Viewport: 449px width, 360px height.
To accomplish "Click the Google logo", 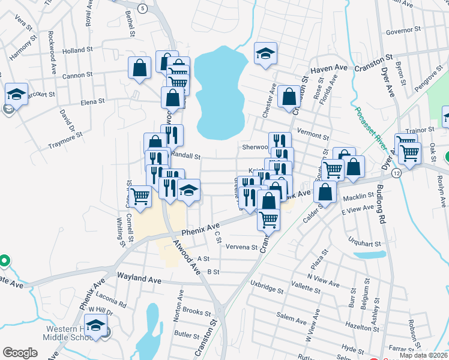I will pyautogui.click(x=20, y=353).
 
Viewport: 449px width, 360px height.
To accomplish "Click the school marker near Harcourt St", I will pyautogui.click(x=16, y=94).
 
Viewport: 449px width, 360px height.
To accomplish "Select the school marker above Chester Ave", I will pyautogui.click(x=265, y=53).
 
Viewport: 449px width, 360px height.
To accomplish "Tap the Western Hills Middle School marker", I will pyautogui.click(x=95, y=326).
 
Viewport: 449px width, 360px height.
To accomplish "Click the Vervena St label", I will pyautogui.click(x=241, y=247).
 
